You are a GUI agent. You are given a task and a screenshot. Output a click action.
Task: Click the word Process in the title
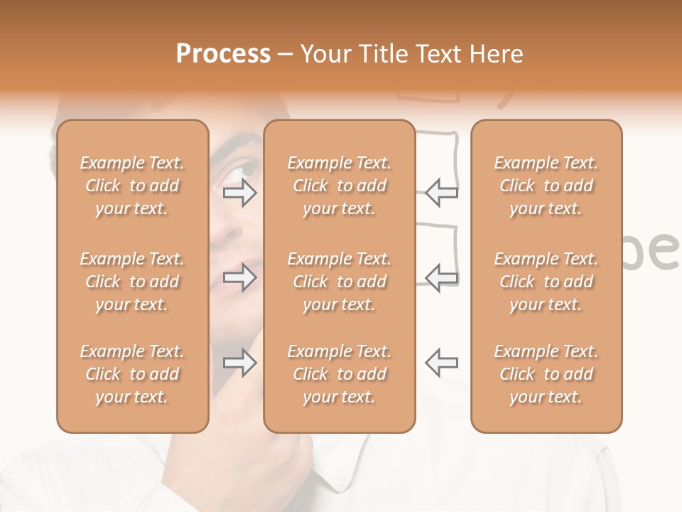coord(223,54)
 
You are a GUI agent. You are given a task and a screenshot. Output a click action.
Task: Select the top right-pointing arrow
coord(239,192)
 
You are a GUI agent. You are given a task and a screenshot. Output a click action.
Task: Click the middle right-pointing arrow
coord(239,277)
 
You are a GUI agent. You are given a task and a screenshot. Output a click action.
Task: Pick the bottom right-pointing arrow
coord(239,363)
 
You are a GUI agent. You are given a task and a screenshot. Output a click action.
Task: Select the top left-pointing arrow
coord(442,192)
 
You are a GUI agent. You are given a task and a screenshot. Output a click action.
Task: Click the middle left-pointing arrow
coord(442,277)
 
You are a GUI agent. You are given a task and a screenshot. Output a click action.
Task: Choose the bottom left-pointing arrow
coord(442,363)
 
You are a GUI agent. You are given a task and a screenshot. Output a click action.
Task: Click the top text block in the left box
coord(132,186)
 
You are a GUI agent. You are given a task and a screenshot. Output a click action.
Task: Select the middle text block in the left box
coord(132,282)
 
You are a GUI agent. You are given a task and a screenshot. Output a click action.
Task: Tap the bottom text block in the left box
coord(132,374)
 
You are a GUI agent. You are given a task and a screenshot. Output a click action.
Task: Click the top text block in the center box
coord(339,186)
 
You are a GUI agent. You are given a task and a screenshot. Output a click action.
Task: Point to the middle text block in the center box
coord(339,282)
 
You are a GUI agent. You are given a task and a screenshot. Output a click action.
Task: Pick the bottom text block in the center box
coord(339,374)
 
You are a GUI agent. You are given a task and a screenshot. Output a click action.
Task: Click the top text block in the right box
coord(546,186)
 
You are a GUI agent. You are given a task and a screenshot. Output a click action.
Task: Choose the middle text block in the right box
coord(546,282)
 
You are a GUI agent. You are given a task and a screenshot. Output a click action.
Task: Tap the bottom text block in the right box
coord(546,374)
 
